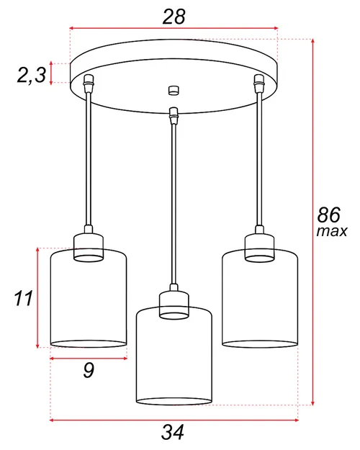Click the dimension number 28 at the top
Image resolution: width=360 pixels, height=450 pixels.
(174, 16)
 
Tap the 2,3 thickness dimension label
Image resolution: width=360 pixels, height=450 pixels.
(32, 74)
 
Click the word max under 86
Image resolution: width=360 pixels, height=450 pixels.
(331, 232)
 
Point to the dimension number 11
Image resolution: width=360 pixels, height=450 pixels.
(24, 297)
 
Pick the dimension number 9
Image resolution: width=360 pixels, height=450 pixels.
(89, 371)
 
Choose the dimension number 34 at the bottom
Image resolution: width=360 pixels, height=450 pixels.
(173, 432)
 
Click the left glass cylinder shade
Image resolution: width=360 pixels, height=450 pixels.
(89, 302)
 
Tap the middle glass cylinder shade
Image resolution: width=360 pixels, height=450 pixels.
(174, 360)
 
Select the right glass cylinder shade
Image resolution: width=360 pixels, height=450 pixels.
(259, 302)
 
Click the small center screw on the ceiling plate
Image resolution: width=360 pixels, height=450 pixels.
(172, 90)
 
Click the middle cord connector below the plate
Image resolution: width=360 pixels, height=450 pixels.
(172, 114)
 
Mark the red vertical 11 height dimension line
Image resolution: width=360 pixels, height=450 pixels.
(37, 297)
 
